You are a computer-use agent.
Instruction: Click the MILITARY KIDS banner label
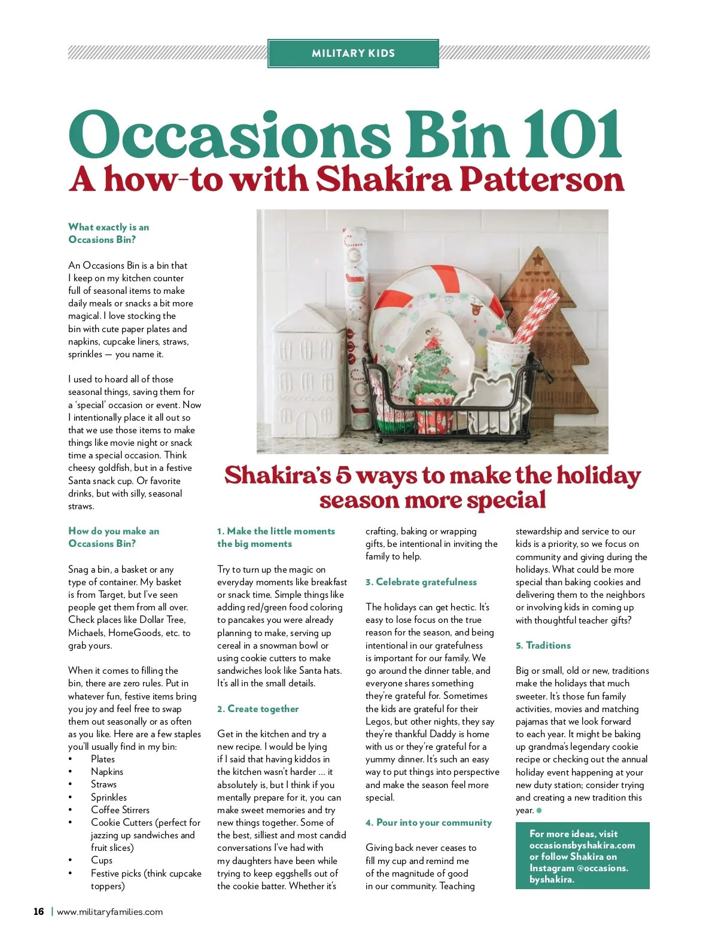tap(353, 53)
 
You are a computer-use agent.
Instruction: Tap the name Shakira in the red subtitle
tap(383, 180)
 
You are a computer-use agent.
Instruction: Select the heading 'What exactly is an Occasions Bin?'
tap(108, 233)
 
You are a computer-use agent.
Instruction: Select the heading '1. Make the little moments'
tap(276, 537)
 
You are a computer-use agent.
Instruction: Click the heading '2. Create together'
tap(258, 709)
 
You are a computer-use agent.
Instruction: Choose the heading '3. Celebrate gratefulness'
tap(421, 582)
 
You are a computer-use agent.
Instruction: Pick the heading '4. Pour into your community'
tap(428, 823)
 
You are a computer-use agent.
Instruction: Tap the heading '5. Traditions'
tap(543, 646)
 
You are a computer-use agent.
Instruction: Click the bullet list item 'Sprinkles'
tap(109, 798)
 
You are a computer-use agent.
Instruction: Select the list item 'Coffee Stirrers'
tap(120, 810)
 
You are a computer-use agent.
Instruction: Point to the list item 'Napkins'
tap(107, 772)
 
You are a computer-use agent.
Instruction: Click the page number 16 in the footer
tap(39, 912)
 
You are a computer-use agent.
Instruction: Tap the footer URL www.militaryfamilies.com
tap(109, 912)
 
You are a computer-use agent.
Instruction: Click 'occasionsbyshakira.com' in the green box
tap(582, 845)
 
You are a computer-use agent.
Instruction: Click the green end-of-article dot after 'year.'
tap(539, 811)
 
